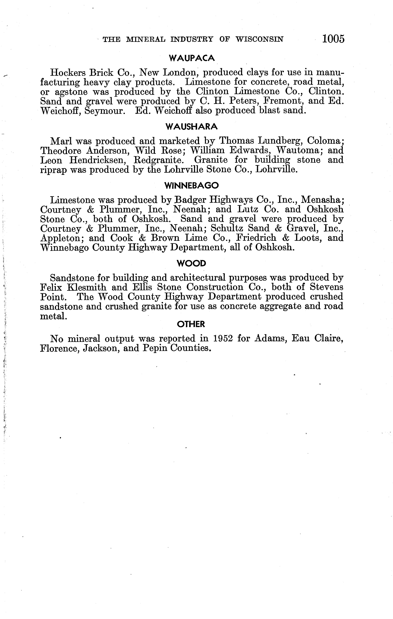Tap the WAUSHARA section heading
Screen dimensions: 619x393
[x=192, y=127]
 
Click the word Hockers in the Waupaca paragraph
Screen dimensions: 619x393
[x=67, y=73]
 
